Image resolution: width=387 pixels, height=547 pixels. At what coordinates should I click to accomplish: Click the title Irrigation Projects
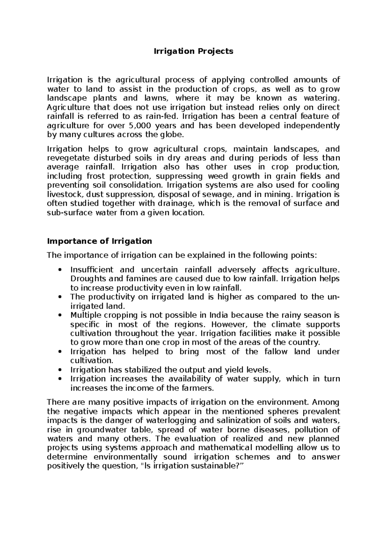(x=193, y=51)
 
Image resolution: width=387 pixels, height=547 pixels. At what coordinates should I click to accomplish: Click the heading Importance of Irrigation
(x=99, y=241)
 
